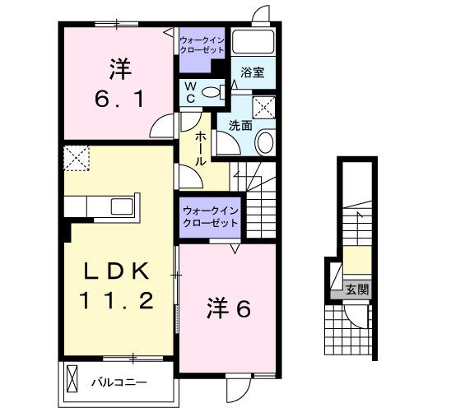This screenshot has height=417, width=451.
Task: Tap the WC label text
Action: point(189,91)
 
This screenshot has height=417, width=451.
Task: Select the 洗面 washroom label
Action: point(240,126)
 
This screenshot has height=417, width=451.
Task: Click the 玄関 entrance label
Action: point(357,290)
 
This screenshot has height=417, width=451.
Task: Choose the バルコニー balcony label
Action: point(119,382)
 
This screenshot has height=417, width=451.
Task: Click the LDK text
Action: point(114,271)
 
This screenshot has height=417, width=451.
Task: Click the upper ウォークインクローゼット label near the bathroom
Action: point(202,44)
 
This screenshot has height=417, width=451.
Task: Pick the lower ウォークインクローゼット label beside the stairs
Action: point(211,217)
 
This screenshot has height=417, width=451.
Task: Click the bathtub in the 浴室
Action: point(253,43)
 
